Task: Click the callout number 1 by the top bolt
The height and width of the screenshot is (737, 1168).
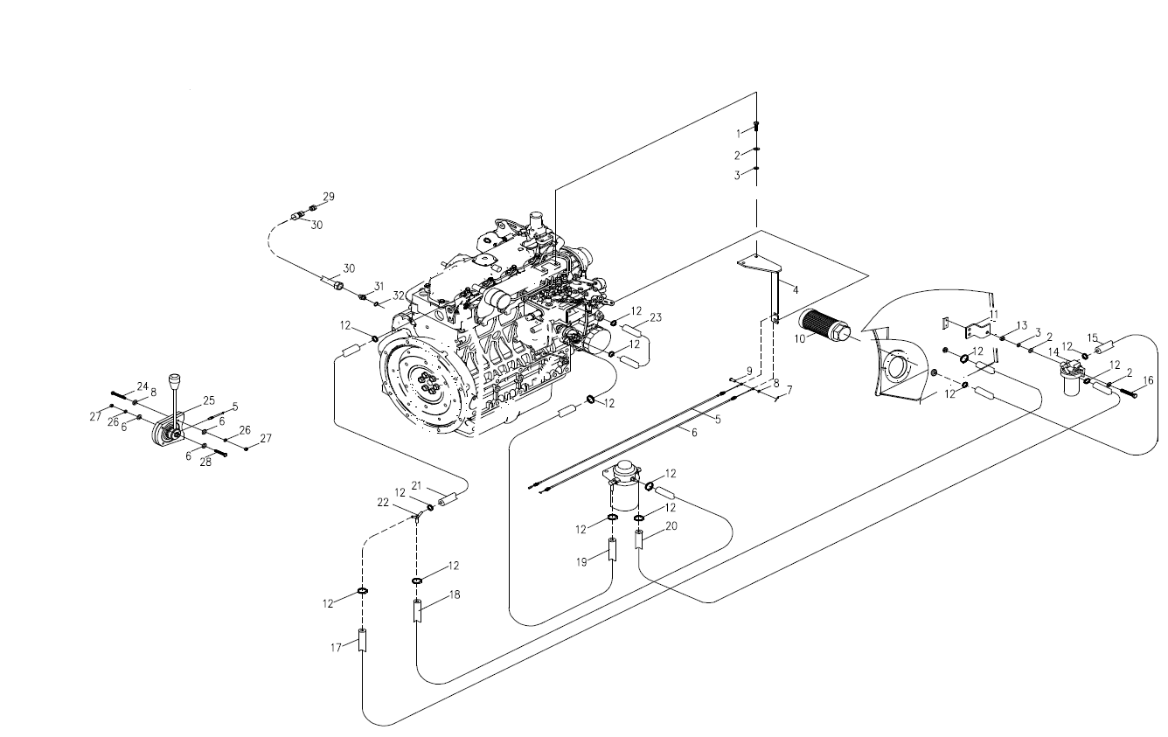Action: [739, 134]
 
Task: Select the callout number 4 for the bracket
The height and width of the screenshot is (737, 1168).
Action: [796, 290]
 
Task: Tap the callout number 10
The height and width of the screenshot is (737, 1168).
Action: [800, 339]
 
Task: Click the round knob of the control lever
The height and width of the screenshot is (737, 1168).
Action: [175, 379]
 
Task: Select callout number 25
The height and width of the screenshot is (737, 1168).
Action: [209, 400]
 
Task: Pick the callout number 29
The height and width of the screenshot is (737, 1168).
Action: [329, 197]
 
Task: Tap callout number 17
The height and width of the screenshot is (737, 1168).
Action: [337, 648]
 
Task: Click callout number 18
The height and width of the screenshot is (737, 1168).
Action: [455, 594]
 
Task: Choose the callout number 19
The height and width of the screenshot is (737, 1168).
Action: [582, 562]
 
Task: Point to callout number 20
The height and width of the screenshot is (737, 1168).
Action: [671, 526]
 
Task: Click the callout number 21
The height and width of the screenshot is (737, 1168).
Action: [416, 485]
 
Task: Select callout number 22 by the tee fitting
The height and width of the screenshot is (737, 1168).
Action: [383, 503]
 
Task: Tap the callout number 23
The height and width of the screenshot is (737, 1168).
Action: [656, 317]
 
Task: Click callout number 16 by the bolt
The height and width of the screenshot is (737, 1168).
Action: [1148, 381]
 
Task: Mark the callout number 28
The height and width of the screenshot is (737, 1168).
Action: [206, 462]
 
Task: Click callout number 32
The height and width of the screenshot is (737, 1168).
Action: [399, 295]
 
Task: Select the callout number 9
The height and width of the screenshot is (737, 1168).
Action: [749, 371]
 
